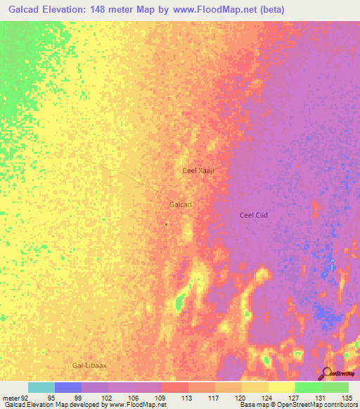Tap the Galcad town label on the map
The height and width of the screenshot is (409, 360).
pos(181,204)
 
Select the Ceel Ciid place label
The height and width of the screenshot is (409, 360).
pos(255,216)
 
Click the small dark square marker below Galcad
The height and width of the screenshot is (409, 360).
pos(166,225)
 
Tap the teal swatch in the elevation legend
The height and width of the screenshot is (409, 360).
pos(41,387)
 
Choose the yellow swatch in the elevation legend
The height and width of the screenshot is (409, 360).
pos(282,387)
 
